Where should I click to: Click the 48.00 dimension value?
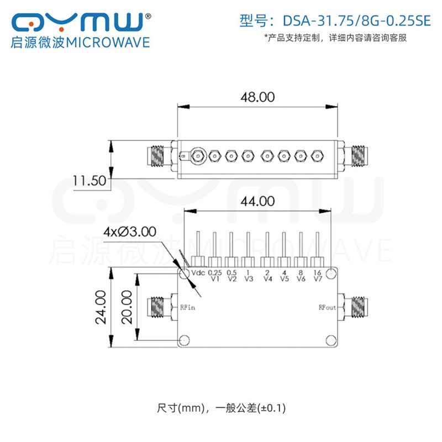click(x=257, y=97)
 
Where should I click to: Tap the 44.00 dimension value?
click(x=257, y=201)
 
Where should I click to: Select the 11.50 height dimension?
click(x=90, y=181)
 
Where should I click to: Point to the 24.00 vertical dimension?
click(x=101, y=307)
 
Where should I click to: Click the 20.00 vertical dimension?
click(x=127, y=307)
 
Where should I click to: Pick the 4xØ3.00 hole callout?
click(x=130, y=231)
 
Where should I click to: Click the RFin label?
click(x=187, y=307)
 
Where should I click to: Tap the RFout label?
click(x=327, y=307)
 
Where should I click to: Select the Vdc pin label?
click(x=198, y=272)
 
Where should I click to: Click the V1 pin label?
click(x=215, y=279)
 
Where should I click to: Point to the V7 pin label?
click(x=318, y=279)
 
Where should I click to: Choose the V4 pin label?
click(x=268, y=279)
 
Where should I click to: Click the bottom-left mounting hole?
click(x=185, y=340)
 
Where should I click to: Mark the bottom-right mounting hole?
click(x=331, y=340)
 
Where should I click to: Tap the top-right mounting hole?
click(x=331, y=273)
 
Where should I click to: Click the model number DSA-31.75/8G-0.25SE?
click(x=356, y=21)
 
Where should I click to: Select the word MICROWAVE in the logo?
click(x=108, y=43)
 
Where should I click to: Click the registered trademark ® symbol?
click(x=148, y=17)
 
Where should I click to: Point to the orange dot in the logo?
click(x=31, y=25)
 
